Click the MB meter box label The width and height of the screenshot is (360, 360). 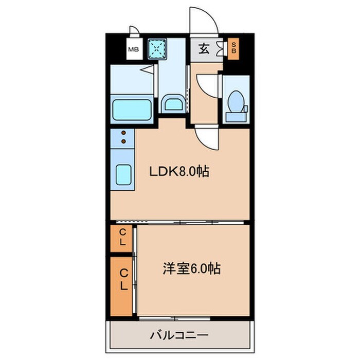133,50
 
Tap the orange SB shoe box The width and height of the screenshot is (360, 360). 233,49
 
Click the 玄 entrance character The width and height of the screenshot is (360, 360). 204,49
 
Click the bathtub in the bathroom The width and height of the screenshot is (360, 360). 132,109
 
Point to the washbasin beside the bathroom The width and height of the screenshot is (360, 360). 173,104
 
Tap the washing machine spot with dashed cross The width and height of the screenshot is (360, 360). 158,49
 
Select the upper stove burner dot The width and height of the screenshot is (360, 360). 123,133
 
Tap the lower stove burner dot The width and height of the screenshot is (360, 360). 123,140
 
